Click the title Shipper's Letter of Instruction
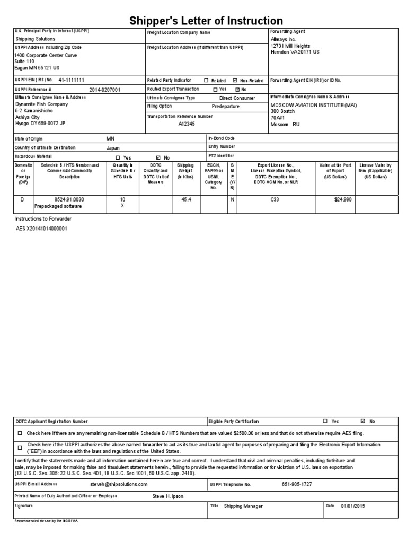pos(207,21)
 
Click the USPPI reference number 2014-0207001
pos(104,90)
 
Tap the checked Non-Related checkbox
pos(235,81)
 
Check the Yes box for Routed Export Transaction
pos(215,90)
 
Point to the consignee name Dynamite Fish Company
pos(41,104)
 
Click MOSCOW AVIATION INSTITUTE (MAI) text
pos(314,105)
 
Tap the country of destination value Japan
pos(113,147)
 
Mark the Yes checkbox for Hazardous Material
pos(118,157)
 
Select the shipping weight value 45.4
pos(186,199)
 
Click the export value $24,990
pos(343,199)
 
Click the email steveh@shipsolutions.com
pos(119,485)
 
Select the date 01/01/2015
pos(353,506)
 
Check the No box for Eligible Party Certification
pos(362,421)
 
